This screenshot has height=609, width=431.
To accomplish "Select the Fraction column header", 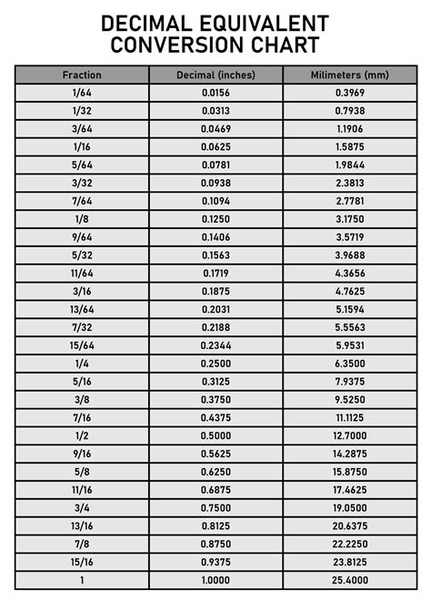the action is coord(82,75).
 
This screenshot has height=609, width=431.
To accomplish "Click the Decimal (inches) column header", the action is coord(216,75).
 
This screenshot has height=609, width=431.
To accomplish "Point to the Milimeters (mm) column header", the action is coord(350,75).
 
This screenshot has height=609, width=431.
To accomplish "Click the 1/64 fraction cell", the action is coord(82,93).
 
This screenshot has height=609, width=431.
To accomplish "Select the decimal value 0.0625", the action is coord(216,147).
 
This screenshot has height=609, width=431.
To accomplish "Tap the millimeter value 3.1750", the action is coord(350,219).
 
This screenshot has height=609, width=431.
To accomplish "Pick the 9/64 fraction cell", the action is coord(82,237).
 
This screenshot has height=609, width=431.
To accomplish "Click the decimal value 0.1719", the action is coord(216,273).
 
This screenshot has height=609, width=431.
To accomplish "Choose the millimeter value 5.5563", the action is coord(350,326).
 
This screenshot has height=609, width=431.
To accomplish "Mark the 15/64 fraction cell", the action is coord(82,344).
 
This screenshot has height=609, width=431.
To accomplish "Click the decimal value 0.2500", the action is coord(216,363).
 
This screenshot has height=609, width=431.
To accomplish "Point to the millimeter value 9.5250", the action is coord(350,399).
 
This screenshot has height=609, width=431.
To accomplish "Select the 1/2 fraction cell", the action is coord(82,434).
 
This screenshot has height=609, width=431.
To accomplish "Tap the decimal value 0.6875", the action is coord(216,489).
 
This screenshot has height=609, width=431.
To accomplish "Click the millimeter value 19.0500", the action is coord(350,507).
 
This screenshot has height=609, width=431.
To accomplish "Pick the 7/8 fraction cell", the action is coord(82,543).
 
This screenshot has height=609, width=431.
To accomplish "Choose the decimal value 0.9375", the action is coord(216,561).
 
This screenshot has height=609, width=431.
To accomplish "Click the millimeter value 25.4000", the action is coord(350,579).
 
